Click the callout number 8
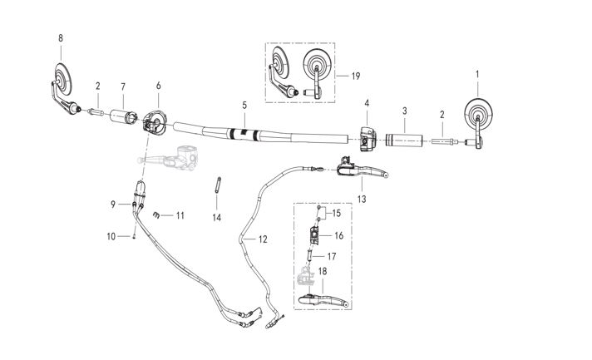60,38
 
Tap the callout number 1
476,74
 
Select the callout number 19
355,76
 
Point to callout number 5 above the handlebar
244,106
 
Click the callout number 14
216,217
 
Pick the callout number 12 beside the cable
263,239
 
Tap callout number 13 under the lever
362,200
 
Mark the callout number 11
180,215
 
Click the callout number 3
404,111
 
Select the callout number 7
123,86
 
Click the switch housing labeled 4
367,137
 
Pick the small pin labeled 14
216,184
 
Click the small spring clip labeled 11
157,215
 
